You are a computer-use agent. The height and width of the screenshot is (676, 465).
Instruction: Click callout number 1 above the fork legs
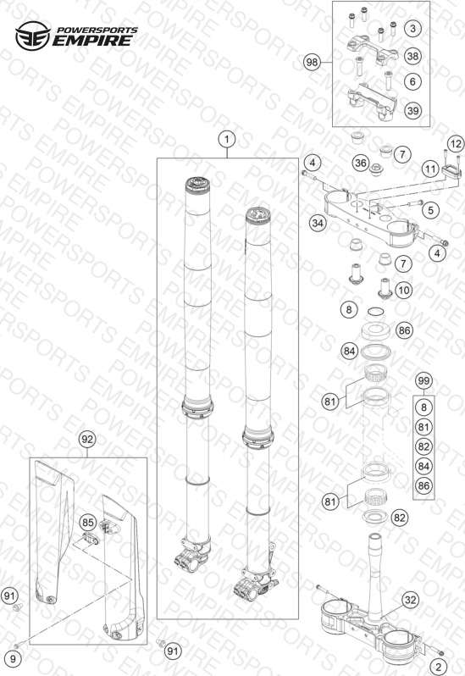point(227,139)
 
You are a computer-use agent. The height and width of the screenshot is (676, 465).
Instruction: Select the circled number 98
point(312,63)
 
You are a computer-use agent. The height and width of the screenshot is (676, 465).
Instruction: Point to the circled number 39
point(412,111)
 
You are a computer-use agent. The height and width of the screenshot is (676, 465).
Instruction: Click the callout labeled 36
point(361,163)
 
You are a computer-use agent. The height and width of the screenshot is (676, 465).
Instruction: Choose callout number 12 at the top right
point(456,144)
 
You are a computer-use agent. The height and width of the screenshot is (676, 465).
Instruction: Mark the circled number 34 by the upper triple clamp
point(318,223)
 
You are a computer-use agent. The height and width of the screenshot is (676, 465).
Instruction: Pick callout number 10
point(403,290)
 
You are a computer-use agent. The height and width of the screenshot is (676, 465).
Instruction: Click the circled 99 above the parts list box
point(423,381)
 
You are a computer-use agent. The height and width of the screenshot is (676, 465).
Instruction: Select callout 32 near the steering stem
point(411,600)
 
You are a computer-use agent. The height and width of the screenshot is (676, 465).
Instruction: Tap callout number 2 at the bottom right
point(439,666)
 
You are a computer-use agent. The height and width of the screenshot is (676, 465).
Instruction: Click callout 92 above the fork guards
point(87,440)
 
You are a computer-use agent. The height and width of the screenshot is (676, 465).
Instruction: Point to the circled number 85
point(88,523)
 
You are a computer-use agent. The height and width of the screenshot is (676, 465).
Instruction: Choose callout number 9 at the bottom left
point(13,659)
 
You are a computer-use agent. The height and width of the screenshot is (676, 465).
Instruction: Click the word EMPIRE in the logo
point(92,41)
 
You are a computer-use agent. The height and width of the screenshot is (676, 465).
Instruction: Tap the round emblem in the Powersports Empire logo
point(33,36)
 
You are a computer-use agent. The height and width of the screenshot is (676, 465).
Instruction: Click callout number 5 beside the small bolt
point(430,210)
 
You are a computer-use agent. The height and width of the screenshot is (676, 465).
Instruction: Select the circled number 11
point(430,169)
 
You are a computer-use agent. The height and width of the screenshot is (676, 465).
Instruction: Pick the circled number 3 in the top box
point(412,29)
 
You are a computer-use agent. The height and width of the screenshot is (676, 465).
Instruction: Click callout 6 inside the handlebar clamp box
point(412,81)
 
